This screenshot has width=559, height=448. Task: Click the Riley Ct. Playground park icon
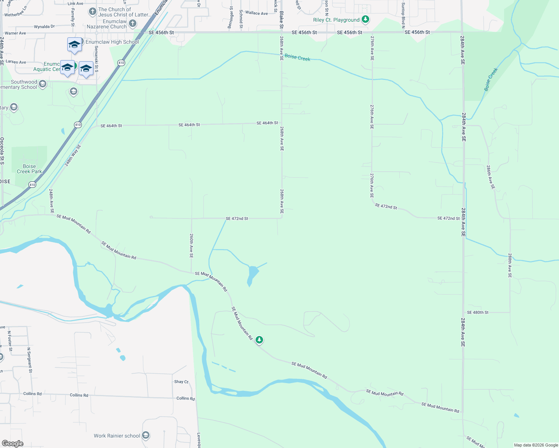365,19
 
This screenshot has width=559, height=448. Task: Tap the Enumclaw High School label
112,42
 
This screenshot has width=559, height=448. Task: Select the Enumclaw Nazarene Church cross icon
132,24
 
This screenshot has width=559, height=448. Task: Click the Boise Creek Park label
30,169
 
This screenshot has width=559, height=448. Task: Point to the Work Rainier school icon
146,435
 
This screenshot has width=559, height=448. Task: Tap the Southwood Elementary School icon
43,84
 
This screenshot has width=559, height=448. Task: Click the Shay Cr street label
181,382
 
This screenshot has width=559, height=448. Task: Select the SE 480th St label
478,312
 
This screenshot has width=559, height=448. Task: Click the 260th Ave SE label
191,246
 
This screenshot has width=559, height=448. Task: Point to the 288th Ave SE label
510,265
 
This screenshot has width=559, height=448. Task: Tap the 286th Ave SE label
491,177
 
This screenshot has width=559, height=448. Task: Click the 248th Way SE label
72,155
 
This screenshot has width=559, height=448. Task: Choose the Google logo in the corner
13,444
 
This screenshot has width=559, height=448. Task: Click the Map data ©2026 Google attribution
536,445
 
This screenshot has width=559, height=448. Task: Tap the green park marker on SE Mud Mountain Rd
259,340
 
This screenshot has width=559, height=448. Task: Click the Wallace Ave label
256,13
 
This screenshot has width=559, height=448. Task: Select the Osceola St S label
2,151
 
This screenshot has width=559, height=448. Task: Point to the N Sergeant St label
30,360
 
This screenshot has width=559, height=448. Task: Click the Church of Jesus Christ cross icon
93,12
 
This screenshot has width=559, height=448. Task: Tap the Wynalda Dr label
44,27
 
